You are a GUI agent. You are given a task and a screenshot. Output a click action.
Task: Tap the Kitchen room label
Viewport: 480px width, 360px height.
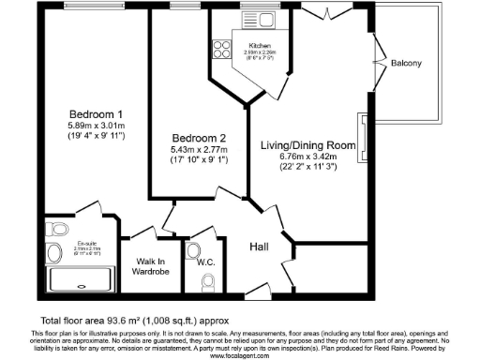point(260,45)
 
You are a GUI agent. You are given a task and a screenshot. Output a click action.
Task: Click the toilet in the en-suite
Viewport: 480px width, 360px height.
point(57,228)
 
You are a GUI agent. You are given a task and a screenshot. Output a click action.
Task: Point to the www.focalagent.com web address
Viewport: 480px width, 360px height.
point(239,355)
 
